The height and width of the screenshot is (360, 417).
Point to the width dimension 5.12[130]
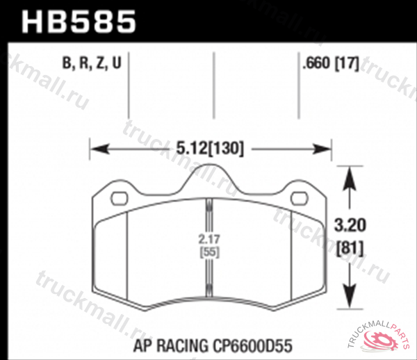(208, 148)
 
